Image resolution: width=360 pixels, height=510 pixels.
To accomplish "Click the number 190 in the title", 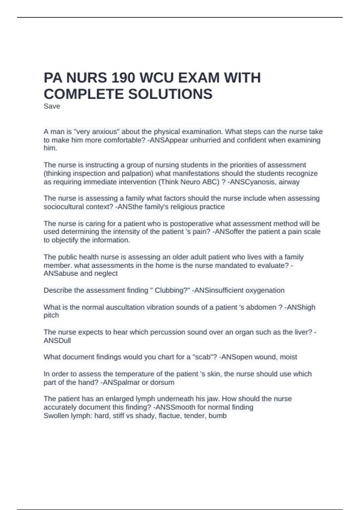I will [123, 78].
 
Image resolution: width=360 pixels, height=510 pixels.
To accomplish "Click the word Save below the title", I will [52, 106].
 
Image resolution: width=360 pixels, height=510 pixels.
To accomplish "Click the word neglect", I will [106, 273].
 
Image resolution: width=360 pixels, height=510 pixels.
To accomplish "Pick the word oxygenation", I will [265, 290].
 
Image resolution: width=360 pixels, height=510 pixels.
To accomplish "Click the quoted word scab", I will [203, 357].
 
